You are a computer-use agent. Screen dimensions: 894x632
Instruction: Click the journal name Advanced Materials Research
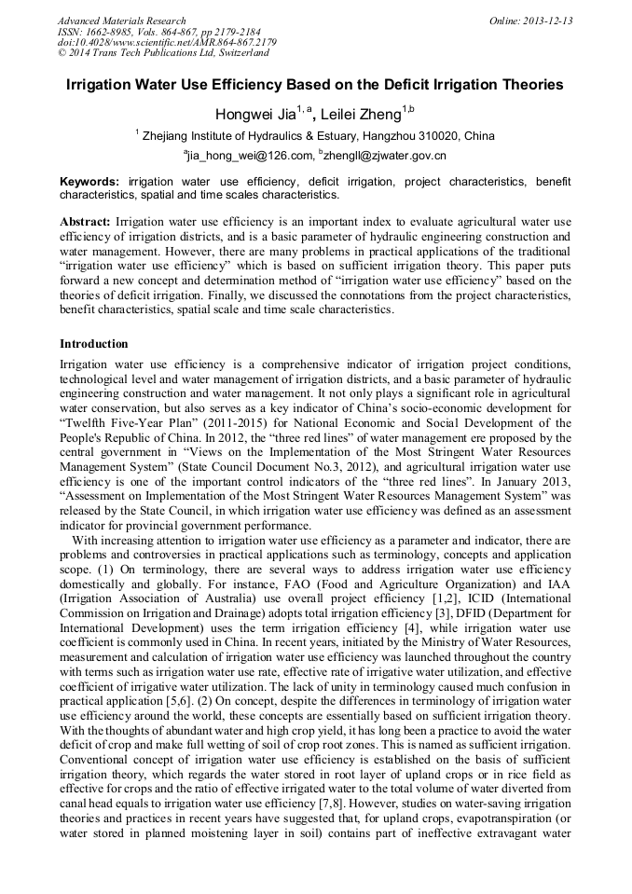click(121, 21)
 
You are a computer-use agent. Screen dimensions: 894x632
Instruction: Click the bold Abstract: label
click(86, 222)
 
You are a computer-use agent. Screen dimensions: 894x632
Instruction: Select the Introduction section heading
click(94, 344)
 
